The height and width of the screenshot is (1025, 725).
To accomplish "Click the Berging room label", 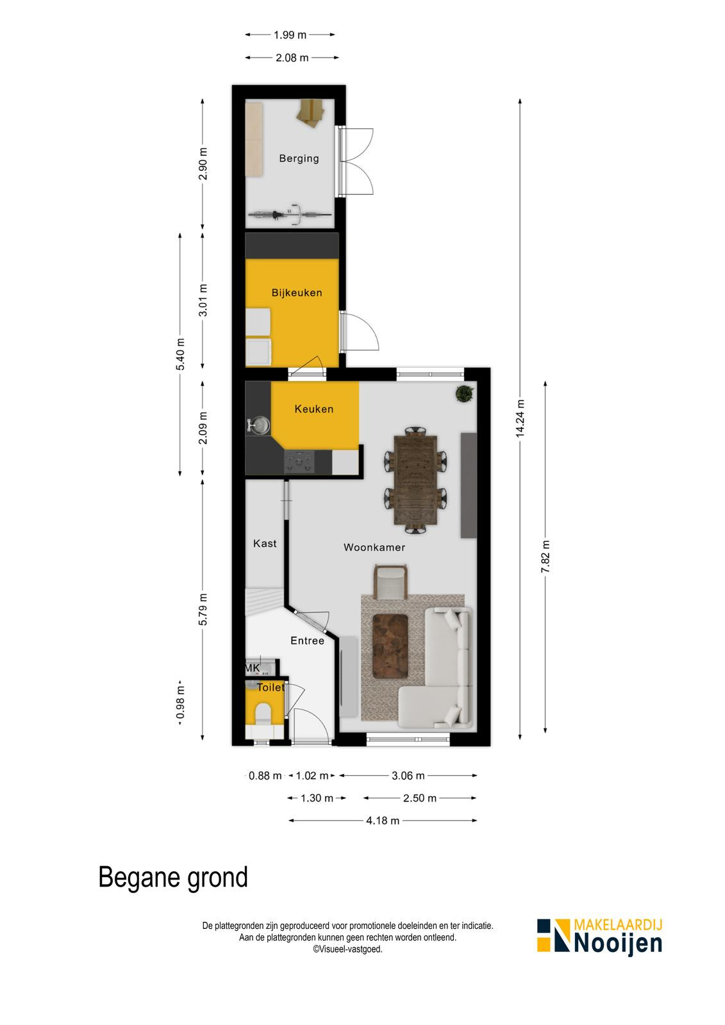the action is click(299, 158).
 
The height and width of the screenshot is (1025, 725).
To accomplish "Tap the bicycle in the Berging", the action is click(290, 214).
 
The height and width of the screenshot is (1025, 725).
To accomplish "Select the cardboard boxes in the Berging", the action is click(310, 112).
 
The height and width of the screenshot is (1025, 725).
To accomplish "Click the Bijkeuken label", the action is click(297, 292).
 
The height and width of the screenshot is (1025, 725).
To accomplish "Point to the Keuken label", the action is click(313, 409).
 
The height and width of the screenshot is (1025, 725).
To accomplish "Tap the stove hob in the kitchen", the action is click(299, 461).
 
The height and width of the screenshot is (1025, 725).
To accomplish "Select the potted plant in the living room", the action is click(465, 393).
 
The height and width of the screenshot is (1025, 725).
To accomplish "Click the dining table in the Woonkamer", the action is click(415, 480).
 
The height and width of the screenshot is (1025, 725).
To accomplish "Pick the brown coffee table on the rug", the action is click(390, 646).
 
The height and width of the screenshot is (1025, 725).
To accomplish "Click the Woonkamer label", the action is click(374, 547).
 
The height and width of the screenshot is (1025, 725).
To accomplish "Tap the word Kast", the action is click(265, 543).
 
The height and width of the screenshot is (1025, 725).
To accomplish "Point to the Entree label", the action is click(307, 641).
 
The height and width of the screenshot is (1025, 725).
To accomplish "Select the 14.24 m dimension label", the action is click(520, 418).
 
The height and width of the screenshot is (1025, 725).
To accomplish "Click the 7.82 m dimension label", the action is click(545, 557).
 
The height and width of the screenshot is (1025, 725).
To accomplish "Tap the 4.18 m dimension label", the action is click(383, 821).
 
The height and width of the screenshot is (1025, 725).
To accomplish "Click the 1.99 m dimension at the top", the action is click(290, 35).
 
